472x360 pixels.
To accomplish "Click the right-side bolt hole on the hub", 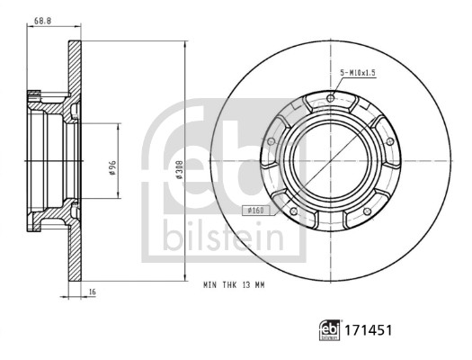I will [x=388, y=139].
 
